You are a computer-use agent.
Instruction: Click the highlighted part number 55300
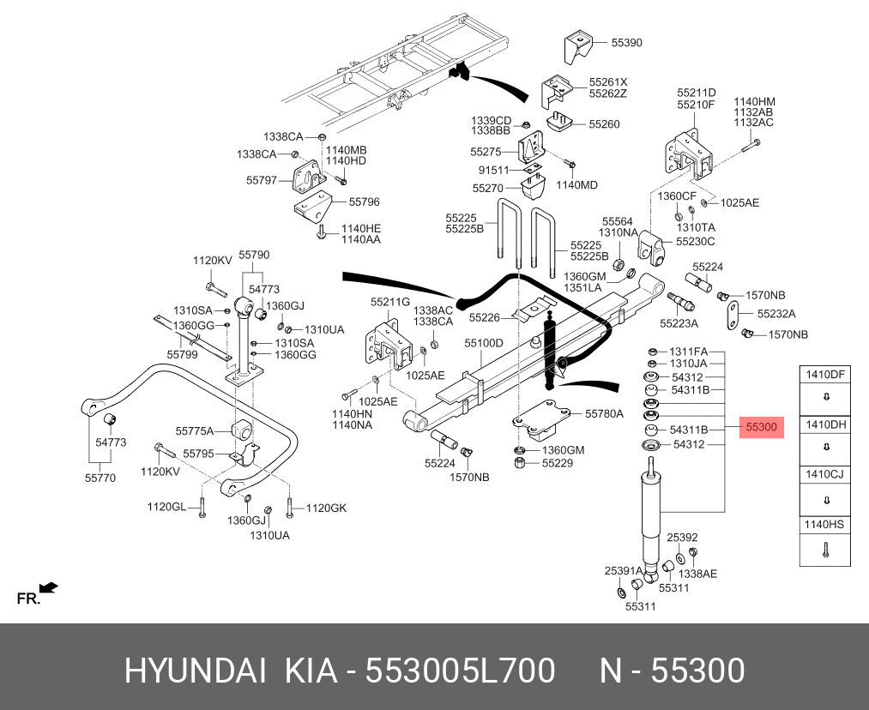point(761,427)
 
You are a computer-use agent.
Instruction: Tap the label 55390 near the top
point(626,42)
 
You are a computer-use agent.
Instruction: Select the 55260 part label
point(603,123)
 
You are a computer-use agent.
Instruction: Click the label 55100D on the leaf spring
point(484,342)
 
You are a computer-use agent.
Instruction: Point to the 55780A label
point(604,413)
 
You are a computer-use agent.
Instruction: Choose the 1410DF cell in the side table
point(824,374)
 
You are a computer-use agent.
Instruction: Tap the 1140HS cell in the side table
point(824,523)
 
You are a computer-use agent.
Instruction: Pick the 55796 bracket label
point(364,202)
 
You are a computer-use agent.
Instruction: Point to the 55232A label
point(775,314)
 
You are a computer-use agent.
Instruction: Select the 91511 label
point(493,170)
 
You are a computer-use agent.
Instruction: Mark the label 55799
point(182,353)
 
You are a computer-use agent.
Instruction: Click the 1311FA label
point(688,352)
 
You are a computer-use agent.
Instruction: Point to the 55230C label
point(695,242)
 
